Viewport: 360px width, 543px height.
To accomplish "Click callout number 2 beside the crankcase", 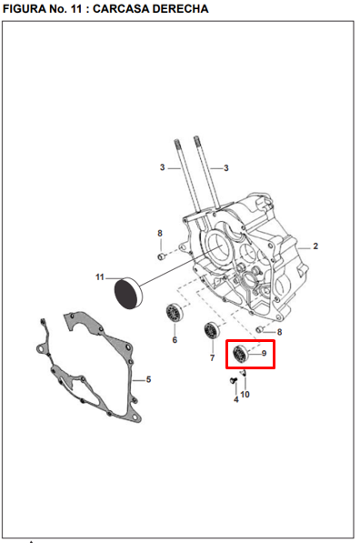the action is [315, 246].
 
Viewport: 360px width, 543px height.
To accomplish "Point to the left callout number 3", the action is [162, 168].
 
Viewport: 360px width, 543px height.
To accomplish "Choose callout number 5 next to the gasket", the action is [148, 379].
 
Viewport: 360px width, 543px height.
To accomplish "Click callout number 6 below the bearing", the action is [175, 340].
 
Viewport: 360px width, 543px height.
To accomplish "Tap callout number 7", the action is [212, 358].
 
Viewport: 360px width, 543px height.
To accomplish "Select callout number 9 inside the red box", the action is [263, 353].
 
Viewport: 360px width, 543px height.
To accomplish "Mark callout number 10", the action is [245, 394].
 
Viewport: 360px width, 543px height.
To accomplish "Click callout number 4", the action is [235, 398].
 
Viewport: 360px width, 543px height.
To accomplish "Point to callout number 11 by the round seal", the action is [99, 277].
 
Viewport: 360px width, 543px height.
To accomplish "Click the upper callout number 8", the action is [159, 234].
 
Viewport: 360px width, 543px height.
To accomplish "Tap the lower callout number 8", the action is [279, 332].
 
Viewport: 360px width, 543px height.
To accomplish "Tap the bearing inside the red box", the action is [241, 354].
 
